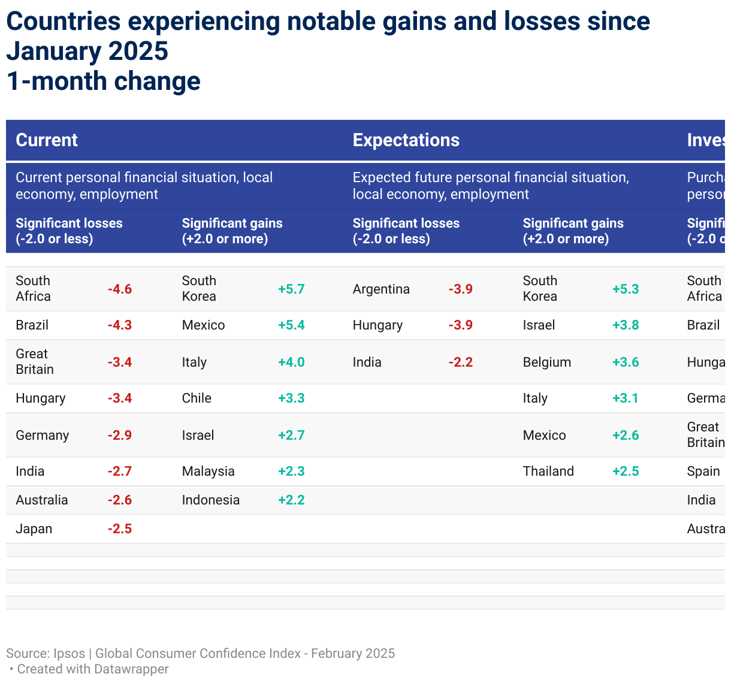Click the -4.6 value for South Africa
[119, 289]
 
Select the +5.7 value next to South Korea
[291, 289]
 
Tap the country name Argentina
[381, 289]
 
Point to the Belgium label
[546, 362]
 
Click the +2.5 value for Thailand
[626, 471]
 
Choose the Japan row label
[34, 528]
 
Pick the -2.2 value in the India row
[460, 362]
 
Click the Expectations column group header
[406, 140]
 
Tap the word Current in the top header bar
[47, 140]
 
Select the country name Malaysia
[208, 471]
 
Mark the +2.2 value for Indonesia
[291, 500]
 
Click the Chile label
[197, 398]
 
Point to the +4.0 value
[291, 362]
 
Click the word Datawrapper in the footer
[131, 669]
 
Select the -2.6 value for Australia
[119, 500]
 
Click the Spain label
[703, 471]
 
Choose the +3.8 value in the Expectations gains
[626, 325]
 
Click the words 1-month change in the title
[103, 81]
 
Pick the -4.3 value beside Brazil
[119, 325]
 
